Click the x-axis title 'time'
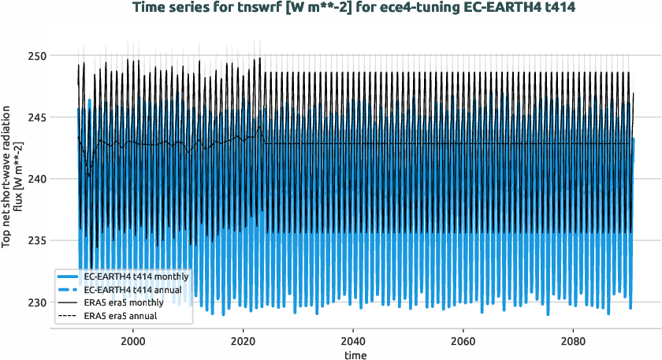(355, 354)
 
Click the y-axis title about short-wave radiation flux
(13, 179)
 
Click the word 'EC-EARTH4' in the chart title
(460, 9)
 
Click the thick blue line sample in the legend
(69, 277)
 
